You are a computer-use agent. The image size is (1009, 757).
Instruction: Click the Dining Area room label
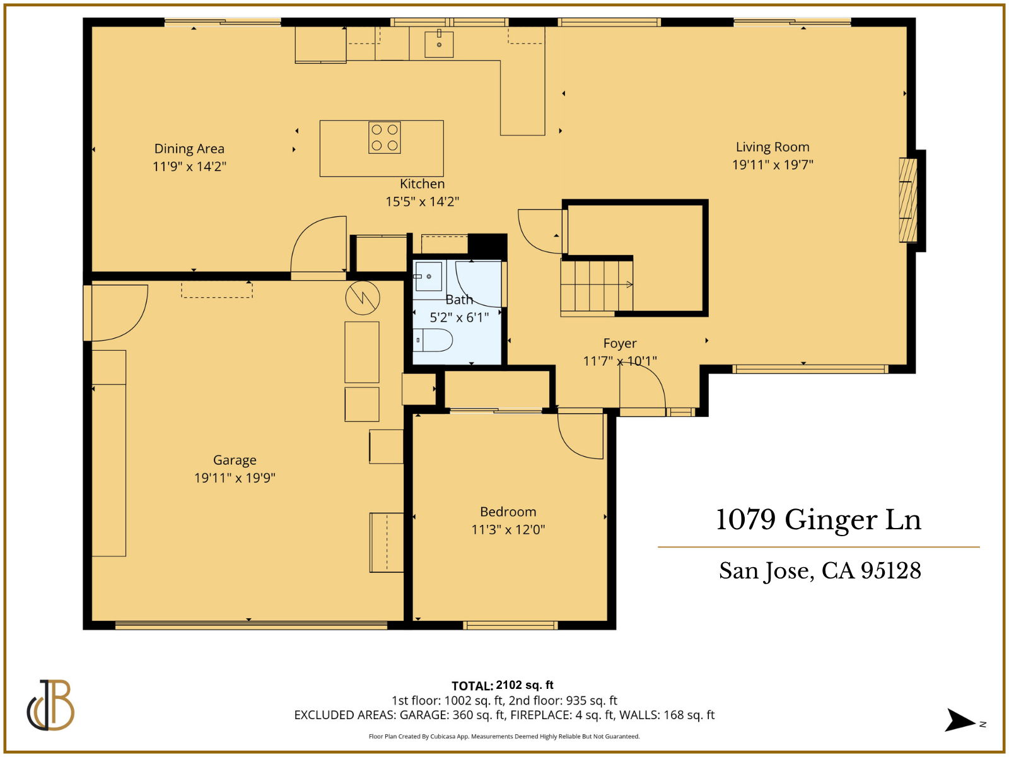(189, 149)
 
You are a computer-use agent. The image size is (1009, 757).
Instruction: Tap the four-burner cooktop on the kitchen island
(385, 138)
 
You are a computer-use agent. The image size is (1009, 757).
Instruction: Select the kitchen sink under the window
(439, 44)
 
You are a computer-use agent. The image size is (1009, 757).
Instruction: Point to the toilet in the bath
(434, 341)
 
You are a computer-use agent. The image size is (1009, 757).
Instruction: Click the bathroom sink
(428, 276)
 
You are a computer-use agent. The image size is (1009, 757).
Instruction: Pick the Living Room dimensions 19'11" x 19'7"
(773, 165)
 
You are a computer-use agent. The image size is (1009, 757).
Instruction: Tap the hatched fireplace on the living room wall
(907, 200)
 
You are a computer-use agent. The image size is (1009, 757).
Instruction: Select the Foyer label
(620, 343)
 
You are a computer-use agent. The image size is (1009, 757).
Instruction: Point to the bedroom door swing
(580, 435)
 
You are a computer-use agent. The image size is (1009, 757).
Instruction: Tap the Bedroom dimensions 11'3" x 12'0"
(508, 530)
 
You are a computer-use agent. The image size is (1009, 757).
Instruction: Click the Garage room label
(235, 460)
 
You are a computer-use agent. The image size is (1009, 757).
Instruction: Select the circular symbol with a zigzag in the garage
(363, 298)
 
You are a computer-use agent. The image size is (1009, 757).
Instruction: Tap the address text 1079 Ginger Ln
(819, 520)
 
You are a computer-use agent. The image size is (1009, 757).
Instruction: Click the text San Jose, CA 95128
(820, 571)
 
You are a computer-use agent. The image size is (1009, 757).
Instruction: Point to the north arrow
(960, 720)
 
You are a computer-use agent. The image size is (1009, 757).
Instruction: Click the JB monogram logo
(50, 705)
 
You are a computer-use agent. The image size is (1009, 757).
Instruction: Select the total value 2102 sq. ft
(525, 685)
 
